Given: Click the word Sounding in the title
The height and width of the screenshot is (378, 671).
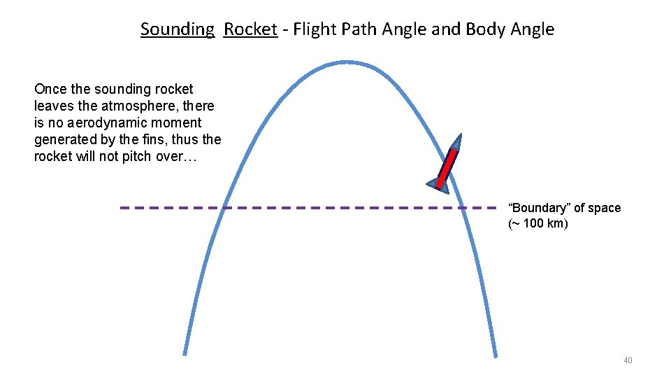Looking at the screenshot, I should click(177, 29).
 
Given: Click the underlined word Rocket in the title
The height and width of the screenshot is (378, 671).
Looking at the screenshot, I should click(250, 29).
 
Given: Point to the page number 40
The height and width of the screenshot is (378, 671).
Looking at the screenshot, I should click(627, 360).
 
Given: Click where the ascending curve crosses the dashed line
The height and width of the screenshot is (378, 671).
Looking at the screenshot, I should click(224, 208).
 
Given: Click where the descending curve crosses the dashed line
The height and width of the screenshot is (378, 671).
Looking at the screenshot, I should click(463, 208).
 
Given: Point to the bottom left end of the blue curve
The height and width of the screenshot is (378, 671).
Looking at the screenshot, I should click(185, 353).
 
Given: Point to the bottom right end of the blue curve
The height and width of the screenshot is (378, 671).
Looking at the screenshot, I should click(496, 356).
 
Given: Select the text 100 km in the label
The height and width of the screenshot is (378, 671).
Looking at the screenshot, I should click(545, 224).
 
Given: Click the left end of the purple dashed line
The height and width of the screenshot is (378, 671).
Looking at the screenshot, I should click(122, 208).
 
